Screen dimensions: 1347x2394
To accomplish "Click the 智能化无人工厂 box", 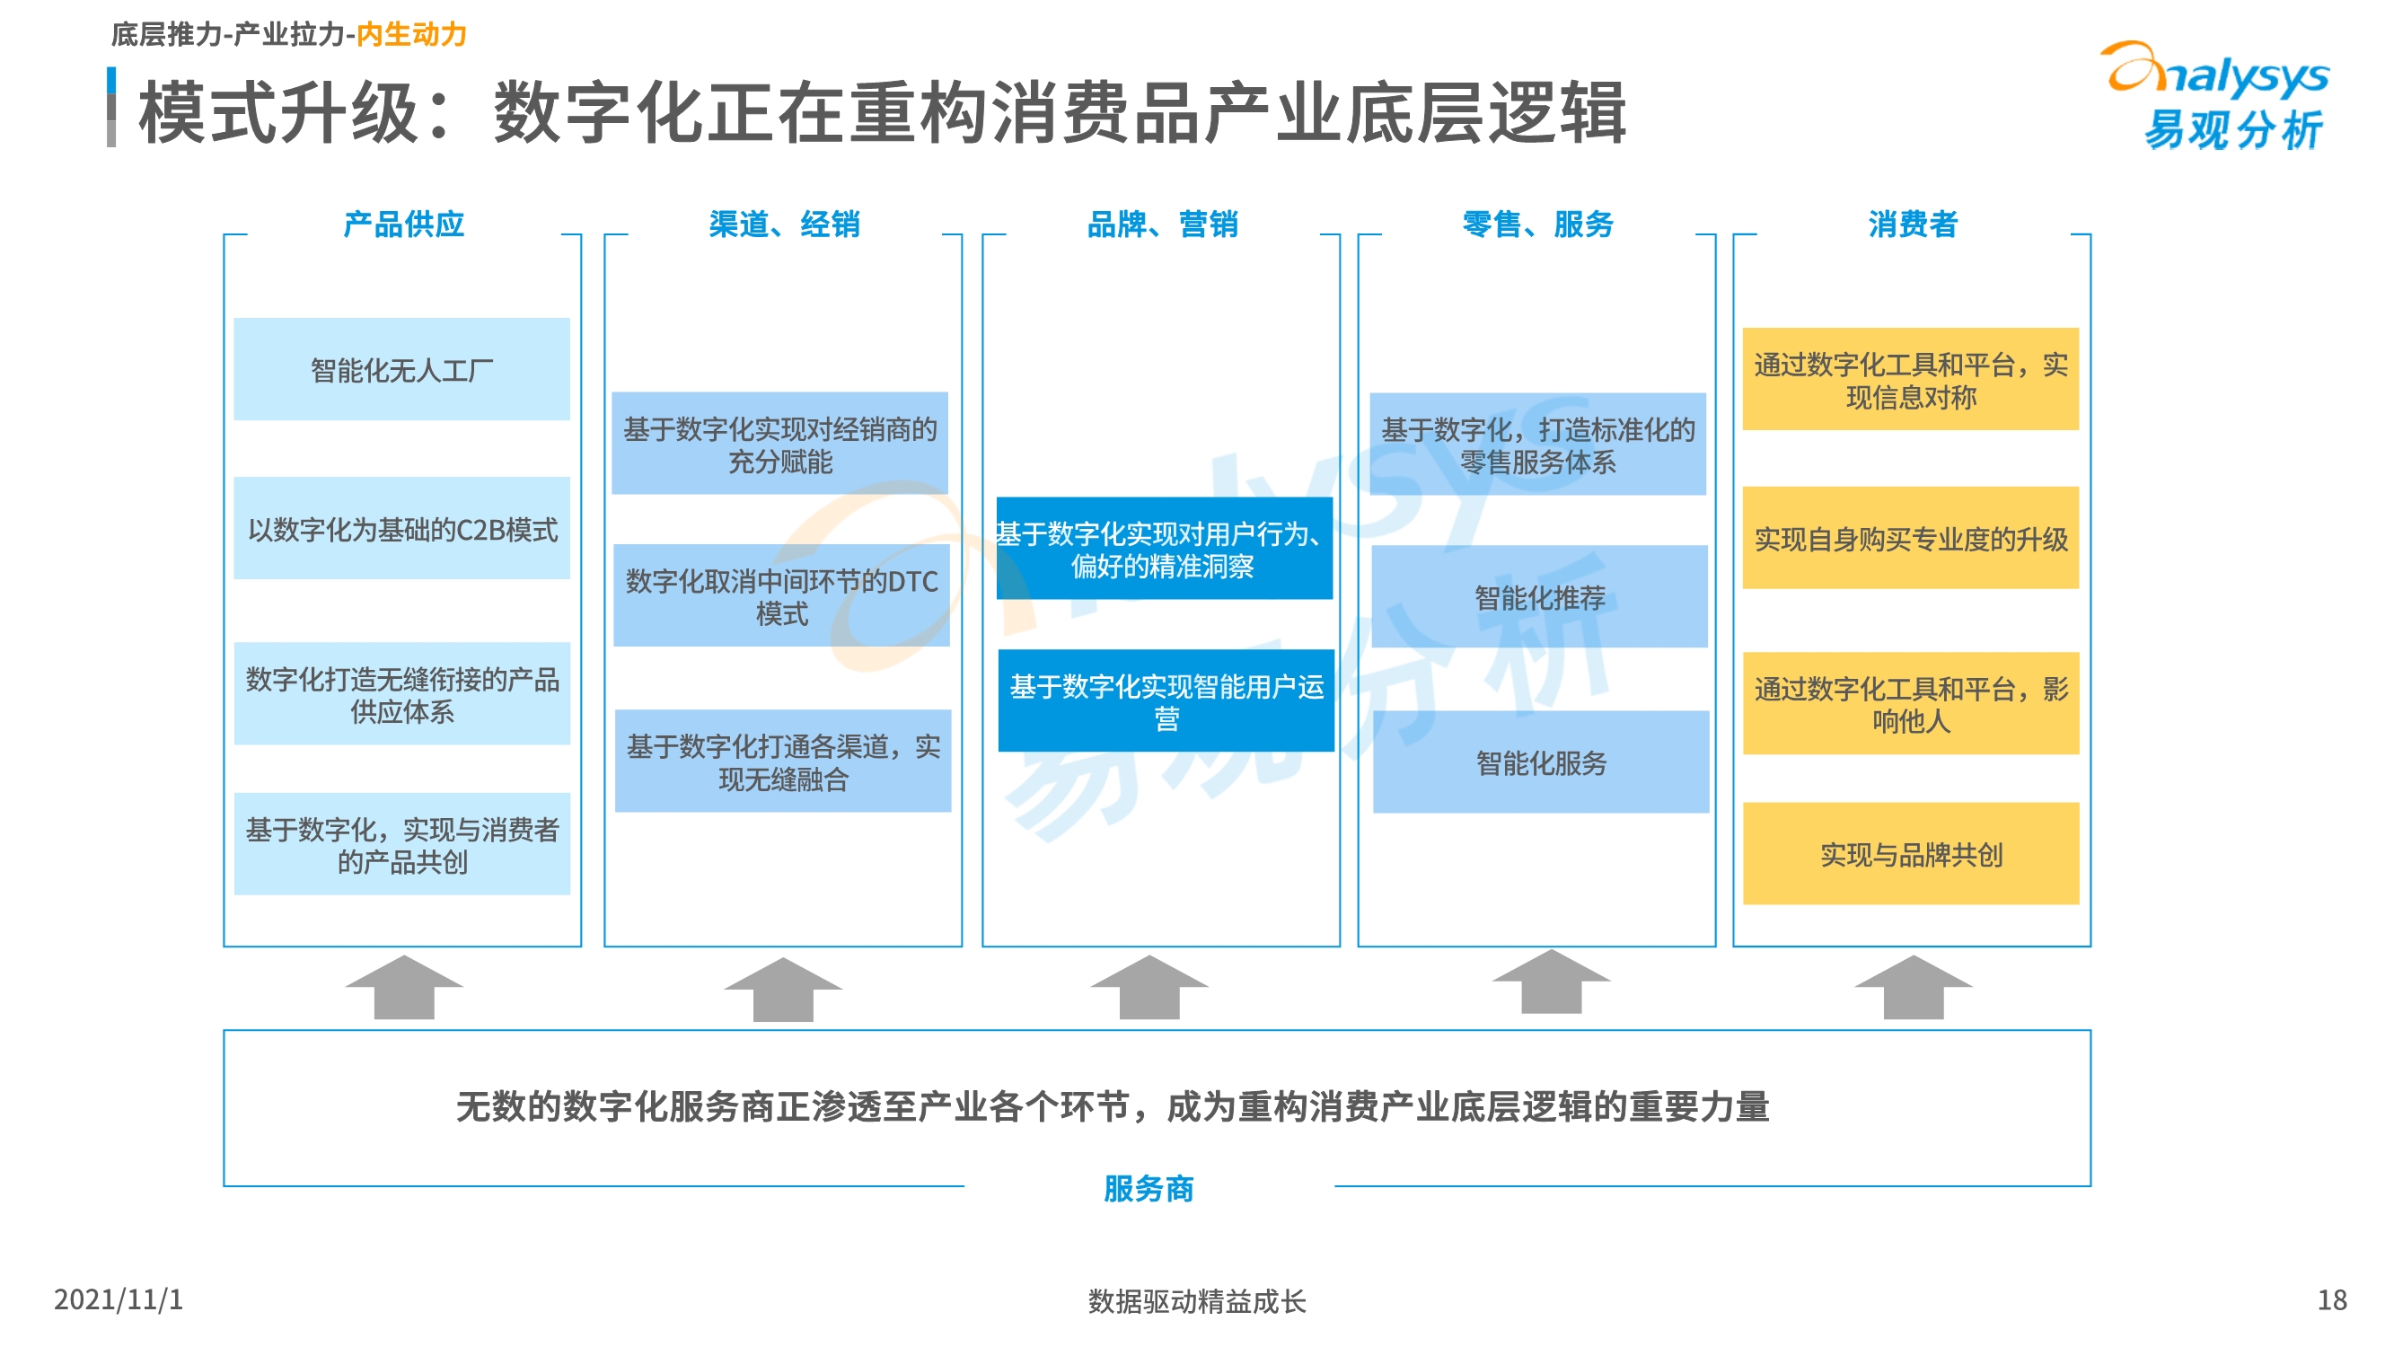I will [x=401, y=369].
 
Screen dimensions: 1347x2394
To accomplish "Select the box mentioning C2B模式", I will [x=401, y=528].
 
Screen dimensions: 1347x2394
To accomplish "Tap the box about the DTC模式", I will [x=780, y=595].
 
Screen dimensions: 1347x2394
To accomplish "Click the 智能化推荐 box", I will [x=1539, y=596].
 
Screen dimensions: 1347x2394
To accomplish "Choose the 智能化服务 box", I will [x=1541, y=762].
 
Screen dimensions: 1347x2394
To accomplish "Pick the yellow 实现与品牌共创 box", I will [x=1911, y=853].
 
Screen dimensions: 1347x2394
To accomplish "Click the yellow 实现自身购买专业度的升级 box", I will [x=1911, y=537].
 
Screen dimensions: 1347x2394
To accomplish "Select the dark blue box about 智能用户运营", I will [x=1166, y=700].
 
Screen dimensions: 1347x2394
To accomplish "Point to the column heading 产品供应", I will [x=403, y=224].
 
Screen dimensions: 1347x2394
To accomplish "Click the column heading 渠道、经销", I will [x=783, y=224].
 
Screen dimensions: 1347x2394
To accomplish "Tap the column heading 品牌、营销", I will [x=1162, y=224].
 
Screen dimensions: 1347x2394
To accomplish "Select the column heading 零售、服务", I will [x=1537, y=224].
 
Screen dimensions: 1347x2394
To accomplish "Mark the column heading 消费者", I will [x=1913, y=224].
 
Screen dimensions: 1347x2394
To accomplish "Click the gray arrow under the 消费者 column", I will [x=1913, y=987].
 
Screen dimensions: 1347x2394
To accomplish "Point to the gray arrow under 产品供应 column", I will [x=403, y=987].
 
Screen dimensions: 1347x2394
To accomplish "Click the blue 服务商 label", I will [x=1149, y=1188].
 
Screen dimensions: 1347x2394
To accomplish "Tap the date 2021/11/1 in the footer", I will [x=118, y=1299].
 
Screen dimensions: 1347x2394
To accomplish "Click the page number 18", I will [x=2332, y=1299].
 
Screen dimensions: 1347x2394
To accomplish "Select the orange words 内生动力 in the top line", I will [x=410, y=34].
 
